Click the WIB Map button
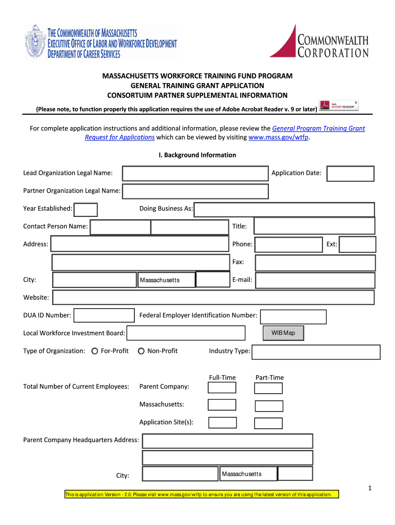coord(283,333)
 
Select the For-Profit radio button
coord(95,351)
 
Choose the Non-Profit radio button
coord(141,351)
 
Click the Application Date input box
coord(350,173)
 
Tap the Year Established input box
coord(86,209)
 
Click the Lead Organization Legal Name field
coord(195,173)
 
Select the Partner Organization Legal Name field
coord(195,191)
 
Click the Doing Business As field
coord(284,209)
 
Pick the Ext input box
coord(358,245)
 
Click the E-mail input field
coord(315,280)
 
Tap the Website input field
coord(213,297)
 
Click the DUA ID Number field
coord(104,316)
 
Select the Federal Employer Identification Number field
coord(293,316)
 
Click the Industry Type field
coord(316,352)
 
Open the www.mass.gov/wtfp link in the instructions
coord(279,137)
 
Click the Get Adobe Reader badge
coord(339,106)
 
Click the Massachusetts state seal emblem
coord(35,43)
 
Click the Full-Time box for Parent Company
coord(222,388)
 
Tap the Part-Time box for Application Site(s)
coord(268,423)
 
